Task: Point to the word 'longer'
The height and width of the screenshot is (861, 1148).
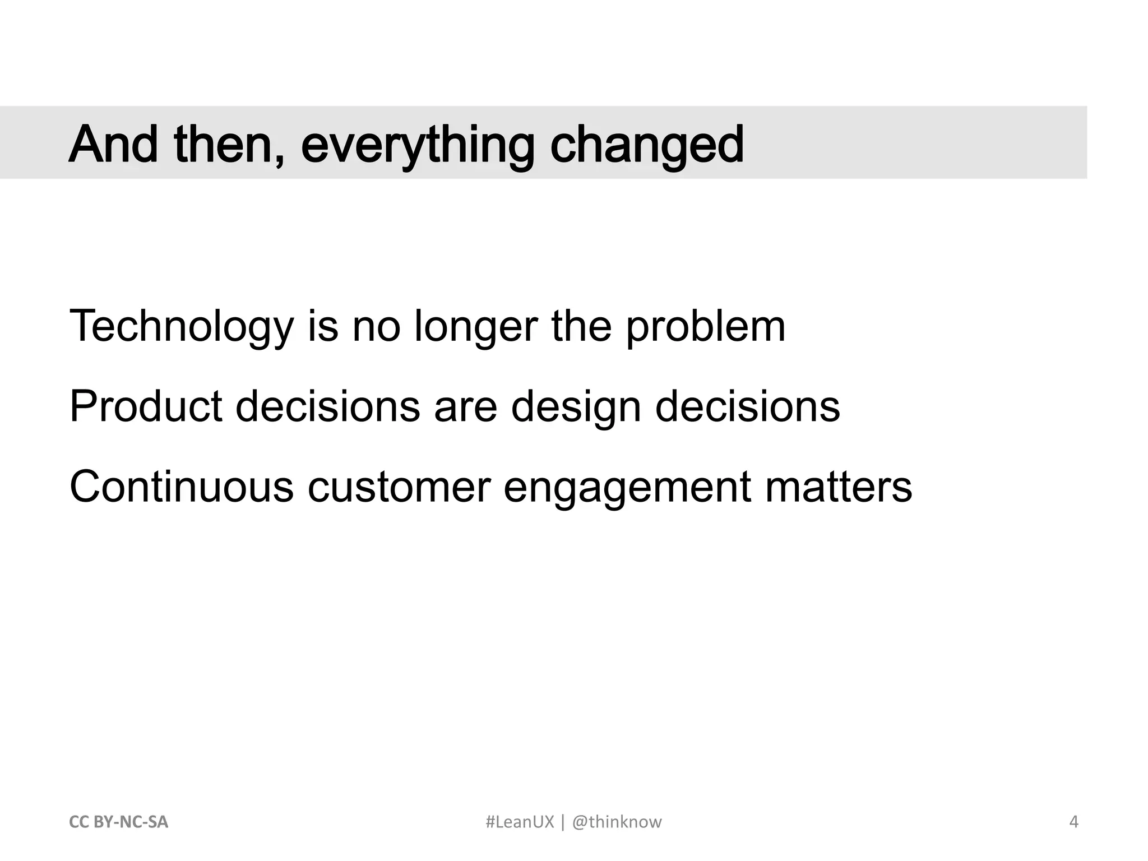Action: tap(476, 327)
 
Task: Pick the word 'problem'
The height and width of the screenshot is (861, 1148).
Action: tap(705, 327)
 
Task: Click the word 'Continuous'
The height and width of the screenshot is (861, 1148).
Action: tap(182, 487)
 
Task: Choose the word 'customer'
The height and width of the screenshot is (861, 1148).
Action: tap(399, 487)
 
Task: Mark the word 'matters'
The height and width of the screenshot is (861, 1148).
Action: tap(839, 487)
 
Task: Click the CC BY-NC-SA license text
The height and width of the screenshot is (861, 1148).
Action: tap(118, 822)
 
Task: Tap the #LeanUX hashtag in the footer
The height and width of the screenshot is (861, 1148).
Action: tap(519, 822)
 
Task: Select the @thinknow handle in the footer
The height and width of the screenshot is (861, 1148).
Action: tap(617, 822)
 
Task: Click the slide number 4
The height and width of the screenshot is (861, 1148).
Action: tap(1074, 822)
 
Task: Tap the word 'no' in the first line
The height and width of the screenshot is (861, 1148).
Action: tap(376, 327)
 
